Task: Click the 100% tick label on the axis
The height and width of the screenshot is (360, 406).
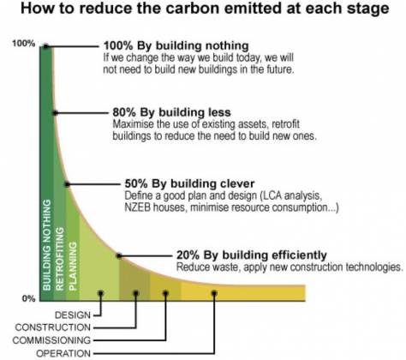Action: [24, 44]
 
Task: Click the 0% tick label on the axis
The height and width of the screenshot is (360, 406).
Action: [28, 298]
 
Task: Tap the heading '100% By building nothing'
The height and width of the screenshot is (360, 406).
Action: [176, 45]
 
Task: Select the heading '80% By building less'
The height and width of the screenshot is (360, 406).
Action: [171, 112]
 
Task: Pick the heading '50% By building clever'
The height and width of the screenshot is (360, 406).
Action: [189, 183]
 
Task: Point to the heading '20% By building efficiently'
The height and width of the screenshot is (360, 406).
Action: [252, 255]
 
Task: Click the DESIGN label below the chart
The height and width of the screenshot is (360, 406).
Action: [73, 315]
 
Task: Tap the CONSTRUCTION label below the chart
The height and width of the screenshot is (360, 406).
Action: [53, 327]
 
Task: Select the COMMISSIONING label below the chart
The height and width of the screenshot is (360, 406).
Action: [51, 340]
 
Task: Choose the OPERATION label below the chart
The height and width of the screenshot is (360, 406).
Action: [63, 353]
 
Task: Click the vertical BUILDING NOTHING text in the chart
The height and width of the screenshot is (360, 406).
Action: [47, 245]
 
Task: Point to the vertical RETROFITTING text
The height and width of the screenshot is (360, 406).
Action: [60, 259]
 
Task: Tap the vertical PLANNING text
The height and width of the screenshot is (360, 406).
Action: [73, 267]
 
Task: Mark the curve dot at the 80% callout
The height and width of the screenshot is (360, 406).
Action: [56, 113]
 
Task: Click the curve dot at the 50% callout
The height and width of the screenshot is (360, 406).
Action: [67, 184]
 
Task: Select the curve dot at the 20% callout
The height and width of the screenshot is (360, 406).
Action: [119, 255]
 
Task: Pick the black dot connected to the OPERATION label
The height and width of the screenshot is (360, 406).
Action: [214, 293]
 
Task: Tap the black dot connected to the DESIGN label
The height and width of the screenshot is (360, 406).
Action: [101, 293]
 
